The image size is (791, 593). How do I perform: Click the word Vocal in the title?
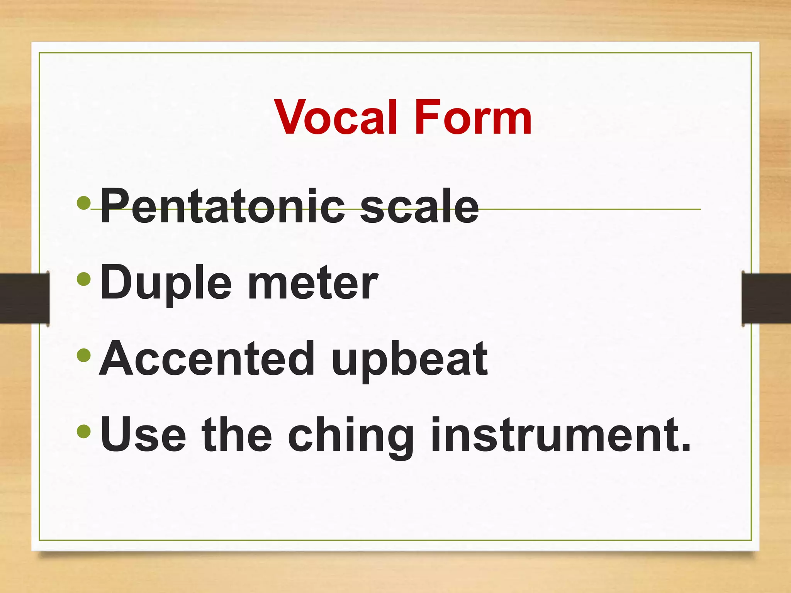335,117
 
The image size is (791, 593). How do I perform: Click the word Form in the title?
473,117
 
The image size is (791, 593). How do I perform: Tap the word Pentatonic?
222,207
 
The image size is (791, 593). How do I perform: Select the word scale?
419,207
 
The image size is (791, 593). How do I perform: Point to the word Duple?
166,284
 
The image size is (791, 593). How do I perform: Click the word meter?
313,284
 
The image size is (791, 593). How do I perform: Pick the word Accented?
207,359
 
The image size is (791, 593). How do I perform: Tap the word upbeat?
409,361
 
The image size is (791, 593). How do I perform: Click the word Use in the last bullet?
143,435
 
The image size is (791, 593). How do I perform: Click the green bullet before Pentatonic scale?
84,203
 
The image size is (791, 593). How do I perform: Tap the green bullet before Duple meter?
84,279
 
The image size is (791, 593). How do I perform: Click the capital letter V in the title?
292,117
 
